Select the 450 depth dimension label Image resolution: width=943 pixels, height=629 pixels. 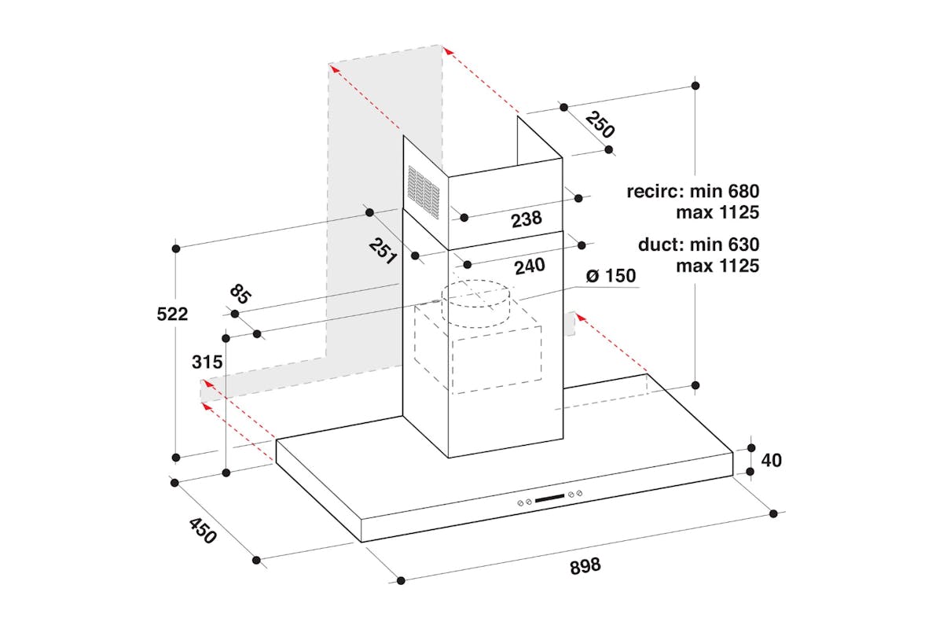[201, 532]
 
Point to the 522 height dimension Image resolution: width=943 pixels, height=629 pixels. [172, 314]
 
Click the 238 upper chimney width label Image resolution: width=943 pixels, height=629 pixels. [526, 219]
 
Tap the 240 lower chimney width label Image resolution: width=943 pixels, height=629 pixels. [529, 267]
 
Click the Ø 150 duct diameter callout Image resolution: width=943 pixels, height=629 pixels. [611, 277]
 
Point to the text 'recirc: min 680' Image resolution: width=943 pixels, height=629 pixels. [693, 191]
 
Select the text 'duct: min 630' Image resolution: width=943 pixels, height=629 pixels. [699, 245]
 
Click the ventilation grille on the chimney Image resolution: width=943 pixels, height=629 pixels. [424, 190]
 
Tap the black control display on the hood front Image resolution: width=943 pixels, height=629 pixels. [550, 498]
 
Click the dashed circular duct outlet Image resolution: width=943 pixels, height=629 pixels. [475, 303]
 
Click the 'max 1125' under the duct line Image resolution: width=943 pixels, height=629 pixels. [717, 266]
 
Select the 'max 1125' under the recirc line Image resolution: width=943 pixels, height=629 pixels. [717, 212]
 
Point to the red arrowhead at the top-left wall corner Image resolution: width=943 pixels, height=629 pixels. [333, 68]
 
